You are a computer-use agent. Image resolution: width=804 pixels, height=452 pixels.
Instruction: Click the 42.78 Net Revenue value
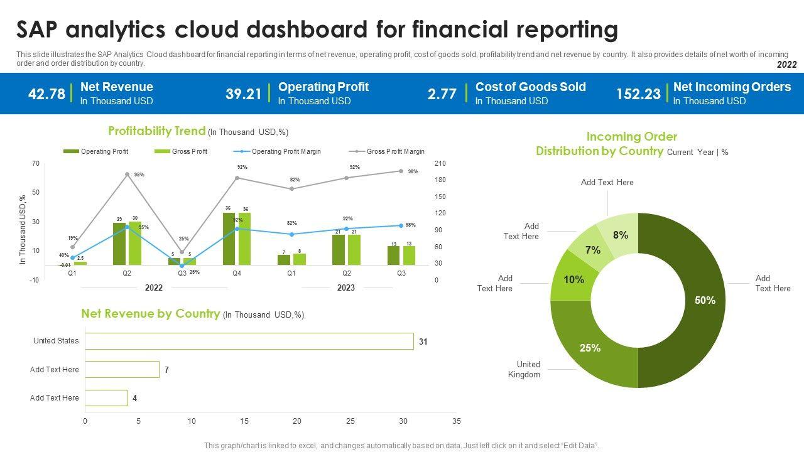pyautogui.click(x=46, y=94)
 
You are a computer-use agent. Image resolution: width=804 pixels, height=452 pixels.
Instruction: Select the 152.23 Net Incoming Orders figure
pyautogui.click(x=638, y=94)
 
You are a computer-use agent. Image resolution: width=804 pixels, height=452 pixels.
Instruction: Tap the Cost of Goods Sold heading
pyautogui.click(x=530, y=87)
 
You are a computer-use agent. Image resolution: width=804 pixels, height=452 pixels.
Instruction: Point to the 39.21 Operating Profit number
pyautogui.click(x=243, y=94)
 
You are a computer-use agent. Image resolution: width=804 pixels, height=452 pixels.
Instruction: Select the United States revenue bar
pyautogui.click(x=249, y=341)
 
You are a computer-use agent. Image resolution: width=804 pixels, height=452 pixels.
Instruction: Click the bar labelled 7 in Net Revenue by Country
pyautogui.click(x=122, y=370)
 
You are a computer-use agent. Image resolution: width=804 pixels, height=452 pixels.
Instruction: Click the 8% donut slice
pyautogui.click(x=619, y=234)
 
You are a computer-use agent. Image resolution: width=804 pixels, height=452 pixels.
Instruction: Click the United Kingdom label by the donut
pyautogui.click(x=524, y=369)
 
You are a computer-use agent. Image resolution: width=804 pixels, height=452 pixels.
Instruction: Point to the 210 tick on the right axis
pyautogui.click(x=440, y=164)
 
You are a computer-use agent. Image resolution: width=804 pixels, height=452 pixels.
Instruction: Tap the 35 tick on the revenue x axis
pyautogui.click(x=457, y=421)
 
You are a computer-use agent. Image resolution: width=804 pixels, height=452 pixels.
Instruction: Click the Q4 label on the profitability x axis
pyautogui.click(x=237, y=274)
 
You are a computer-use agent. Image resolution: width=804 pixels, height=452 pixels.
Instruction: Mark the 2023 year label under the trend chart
pyautogui.click(x=346, y=288)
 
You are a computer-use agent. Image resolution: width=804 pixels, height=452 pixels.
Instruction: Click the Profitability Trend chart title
pyautogui.click(x=157, y=131)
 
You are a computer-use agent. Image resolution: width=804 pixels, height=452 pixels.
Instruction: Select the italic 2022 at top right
pyautogui.click(x=786, y=65)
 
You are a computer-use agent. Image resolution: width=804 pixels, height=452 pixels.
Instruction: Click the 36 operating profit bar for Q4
pyautogui.click(x=229, y=239)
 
